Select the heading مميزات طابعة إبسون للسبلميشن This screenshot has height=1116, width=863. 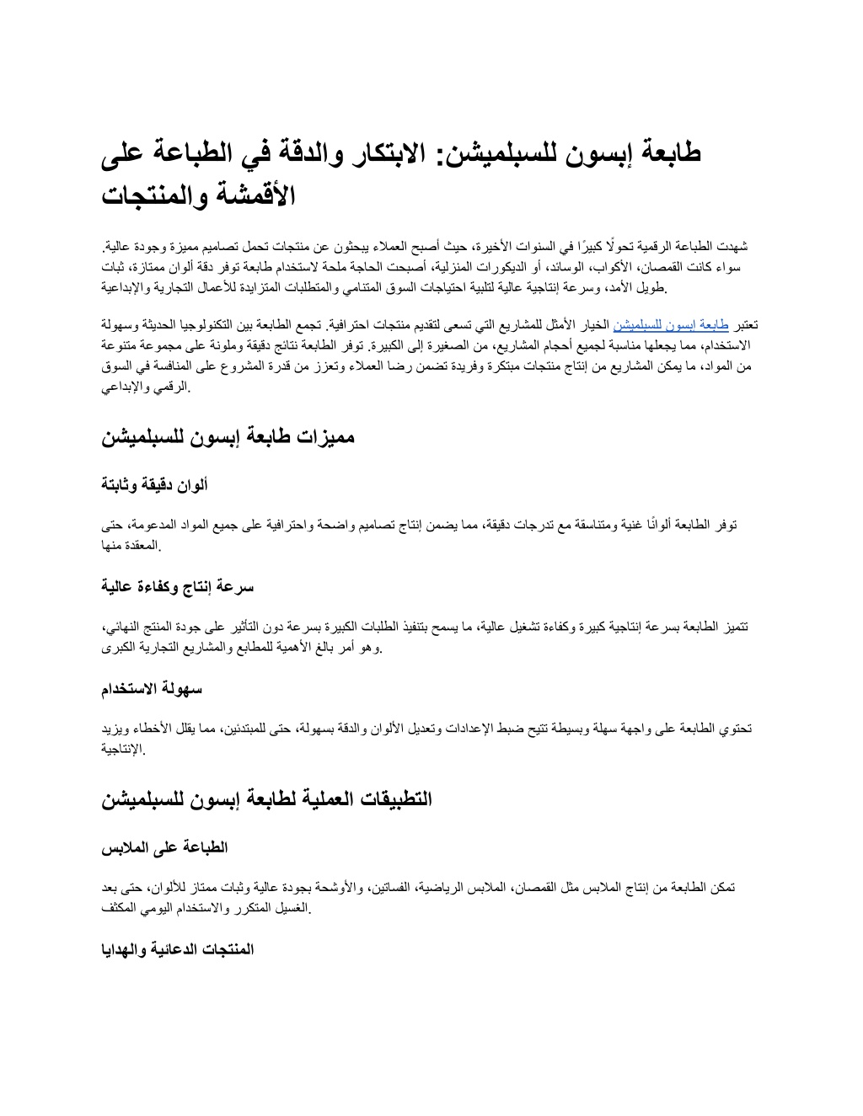[x=228, y=437]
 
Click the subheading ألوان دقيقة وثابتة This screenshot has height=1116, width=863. [x=155, y=484]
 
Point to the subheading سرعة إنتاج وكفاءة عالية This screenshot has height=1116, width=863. [x=178, y=586]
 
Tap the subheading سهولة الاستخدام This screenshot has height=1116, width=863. [x=152, y=689]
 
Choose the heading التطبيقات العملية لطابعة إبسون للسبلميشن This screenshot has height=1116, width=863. [x=266, y=799]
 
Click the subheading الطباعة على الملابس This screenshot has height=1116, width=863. [x=165, y=846]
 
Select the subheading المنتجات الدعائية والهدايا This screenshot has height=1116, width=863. [x=178, y=949]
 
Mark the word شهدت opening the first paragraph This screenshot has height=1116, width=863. [x=731, y=246]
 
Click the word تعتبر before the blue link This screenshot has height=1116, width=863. [x=745, y=324]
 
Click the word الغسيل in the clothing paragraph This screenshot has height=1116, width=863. [x=292, y=908]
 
